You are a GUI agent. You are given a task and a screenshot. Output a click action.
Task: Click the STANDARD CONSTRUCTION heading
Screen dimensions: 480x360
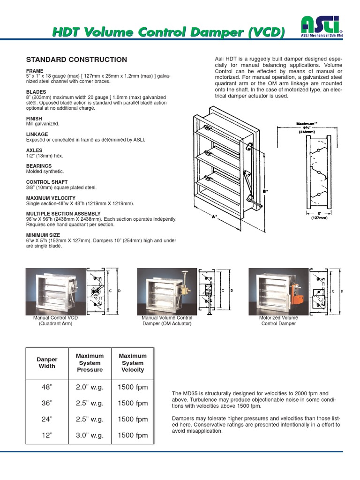[76, 60]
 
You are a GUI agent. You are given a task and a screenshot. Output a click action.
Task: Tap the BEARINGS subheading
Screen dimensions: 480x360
[39, 166]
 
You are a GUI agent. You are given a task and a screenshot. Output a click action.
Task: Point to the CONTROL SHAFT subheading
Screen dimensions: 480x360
[47, 182]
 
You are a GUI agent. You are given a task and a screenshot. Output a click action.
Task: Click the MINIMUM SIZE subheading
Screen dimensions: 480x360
[43, 235]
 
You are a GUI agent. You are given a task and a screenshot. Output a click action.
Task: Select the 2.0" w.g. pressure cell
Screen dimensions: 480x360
[90, 387]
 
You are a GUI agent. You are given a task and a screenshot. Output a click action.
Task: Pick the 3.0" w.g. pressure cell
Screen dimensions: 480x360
[90, 435]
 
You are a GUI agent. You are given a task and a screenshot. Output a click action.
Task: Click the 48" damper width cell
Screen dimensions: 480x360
[47, 387]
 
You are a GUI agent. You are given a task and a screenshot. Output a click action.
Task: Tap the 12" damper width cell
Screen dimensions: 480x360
[47, 435]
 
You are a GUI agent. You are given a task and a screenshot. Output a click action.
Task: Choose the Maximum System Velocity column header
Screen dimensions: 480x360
[133, 363]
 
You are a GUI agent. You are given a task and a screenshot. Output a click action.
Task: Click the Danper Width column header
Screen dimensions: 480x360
[47, 363]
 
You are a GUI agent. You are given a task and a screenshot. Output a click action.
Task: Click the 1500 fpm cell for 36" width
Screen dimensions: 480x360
[133, 403]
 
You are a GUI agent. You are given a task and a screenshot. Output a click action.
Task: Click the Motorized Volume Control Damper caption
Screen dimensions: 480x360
[278, 321]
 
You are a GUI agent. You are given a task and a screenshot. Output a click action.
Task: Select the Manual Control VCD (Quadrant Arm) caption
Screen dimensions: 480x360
[55, 321]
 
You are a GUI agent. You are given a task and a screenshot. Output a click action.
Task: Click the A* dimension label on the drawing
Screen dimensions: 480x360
[214, 217]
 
